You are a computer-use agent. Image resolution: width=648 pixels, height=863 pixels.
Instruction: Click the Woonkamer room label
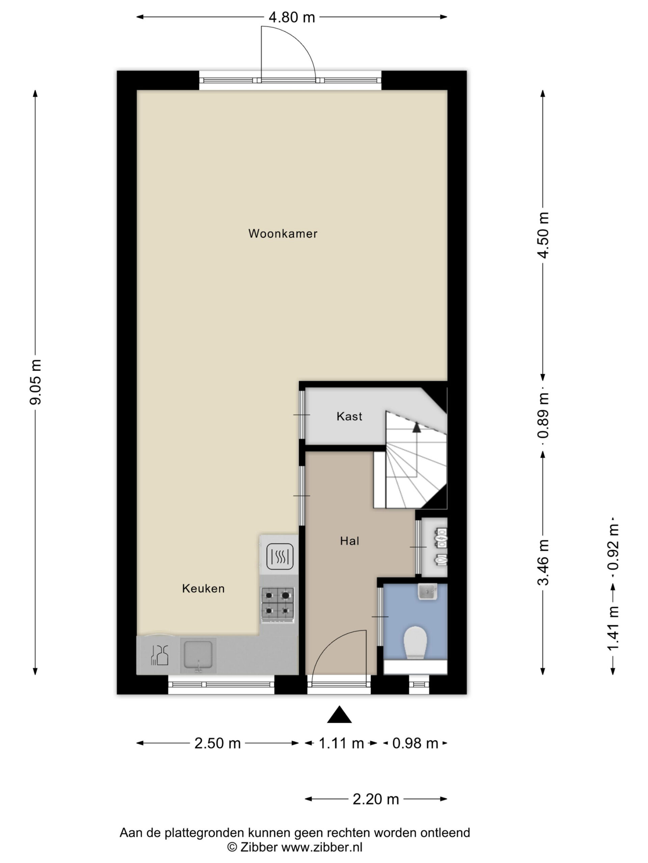pos(283,234)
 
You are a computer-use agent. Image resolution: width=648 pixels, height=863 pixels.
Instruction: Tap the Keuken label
pos(203,588)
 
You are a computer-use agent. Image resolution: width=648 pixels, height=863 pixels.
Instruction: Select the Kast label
pos(349,416)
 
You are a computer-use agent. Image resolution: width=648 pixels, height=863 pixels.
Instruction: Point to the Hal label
pos(349,541)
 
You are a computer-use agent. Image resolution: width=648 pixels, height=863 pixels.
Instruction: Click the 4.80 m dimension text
pos(292,17)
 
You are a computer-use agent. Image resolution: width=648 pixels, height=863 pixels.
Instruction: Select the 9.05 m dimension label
pos(35,382)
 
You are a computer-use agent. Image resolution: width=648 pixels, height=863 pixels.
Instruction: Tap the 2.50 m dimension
pos(218,744)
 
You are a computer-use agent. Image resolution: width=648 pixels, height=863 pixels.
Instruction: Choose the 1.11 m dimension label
pos(342,744)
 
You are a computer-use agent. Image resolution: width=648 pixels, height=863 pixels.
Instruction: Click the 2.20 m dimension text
pos(376,799)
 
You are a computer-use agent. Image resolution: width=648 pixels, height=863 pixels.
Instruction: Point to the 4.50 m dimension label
pos(543,235)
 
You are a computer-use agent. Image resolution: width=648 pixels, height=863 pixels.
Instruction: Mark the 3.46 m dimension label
pos(543,562)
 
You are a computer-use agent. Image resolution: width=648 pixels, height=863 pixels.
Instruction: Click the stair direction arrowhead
pos(417,427)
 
